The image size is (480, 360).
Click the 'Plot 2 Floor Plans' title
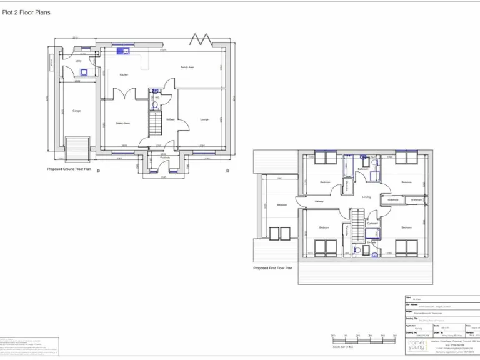[x=27, y=12]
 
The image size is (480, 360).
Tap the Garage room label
[x=76, y=111]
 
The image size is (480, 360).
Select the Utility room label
[x=79, y=61]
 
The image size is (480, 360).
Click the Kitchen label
[x=124, y=74]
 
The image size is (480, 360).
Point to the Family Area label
[x=187, y=67]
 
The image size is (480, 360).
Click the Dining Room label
[x=122, y=123]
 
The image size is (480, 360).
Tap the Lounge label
[x=204, y=119]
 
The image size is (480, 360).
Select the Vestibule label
[x=164, y=157]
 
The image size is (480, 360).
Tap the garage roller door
[x=77, y=149]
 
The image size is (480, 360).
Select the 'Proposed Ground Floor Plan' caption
[x=69, y=169]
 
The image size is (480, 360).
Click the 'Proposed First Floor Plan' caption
[x=272, y=267]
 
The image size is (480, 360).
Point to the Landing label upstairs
[x=366, y=197]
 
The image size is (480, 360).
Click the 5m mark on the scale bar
[x=394, y=336]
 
